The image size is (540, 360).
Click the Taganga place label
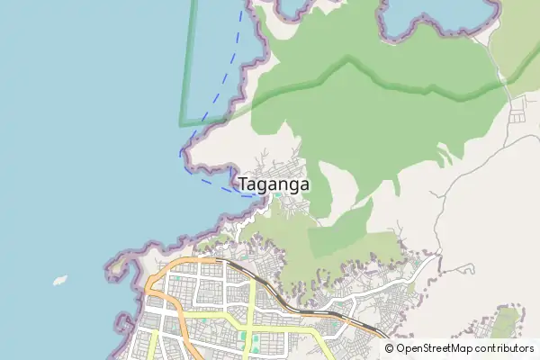pos(274,184)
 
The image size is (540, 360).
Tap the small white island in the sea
pos(61,279)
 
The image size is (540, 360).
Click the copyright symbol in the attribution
pos(390,348)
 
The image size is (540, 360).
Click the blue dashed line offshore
pos(221,90)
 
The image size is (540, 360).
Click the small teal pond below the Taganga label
pos(280,195)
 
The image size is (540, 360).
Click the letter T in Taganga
pos(245,184)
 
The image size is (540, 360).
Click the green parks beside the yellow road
pos(255,343)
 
